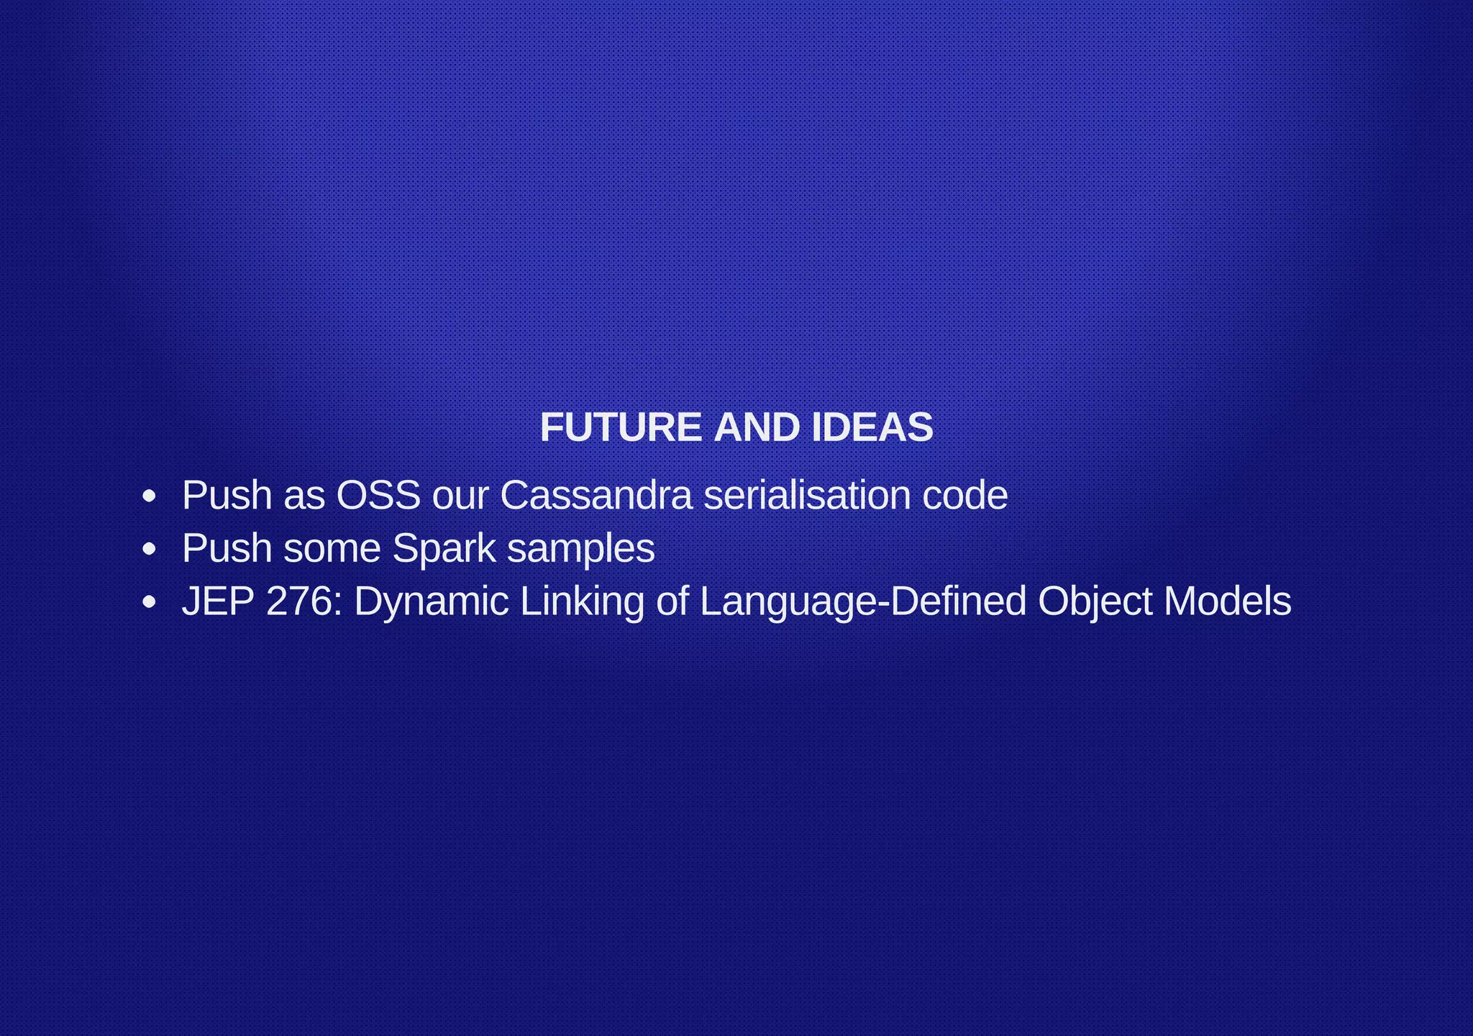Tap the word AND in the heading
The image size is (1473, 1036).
(756, 428)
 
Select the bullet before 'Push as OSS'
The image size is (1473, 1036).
(149, 496)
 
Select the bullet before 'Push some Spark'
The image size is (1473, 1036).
(149, 550)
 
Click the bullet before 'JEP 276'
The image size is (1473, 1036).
(149, 603)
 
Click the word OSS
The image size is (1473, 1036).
(378, 496)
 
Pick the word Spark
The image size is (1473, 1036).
(444, 549)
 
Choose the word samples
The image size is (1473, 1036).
(580, 549)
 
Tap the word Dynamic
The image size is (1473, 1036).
(431, 603)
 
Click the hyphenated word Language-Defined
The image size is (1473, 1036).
(862, 603)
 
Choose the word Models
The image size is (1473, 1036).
(1227, 601)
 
